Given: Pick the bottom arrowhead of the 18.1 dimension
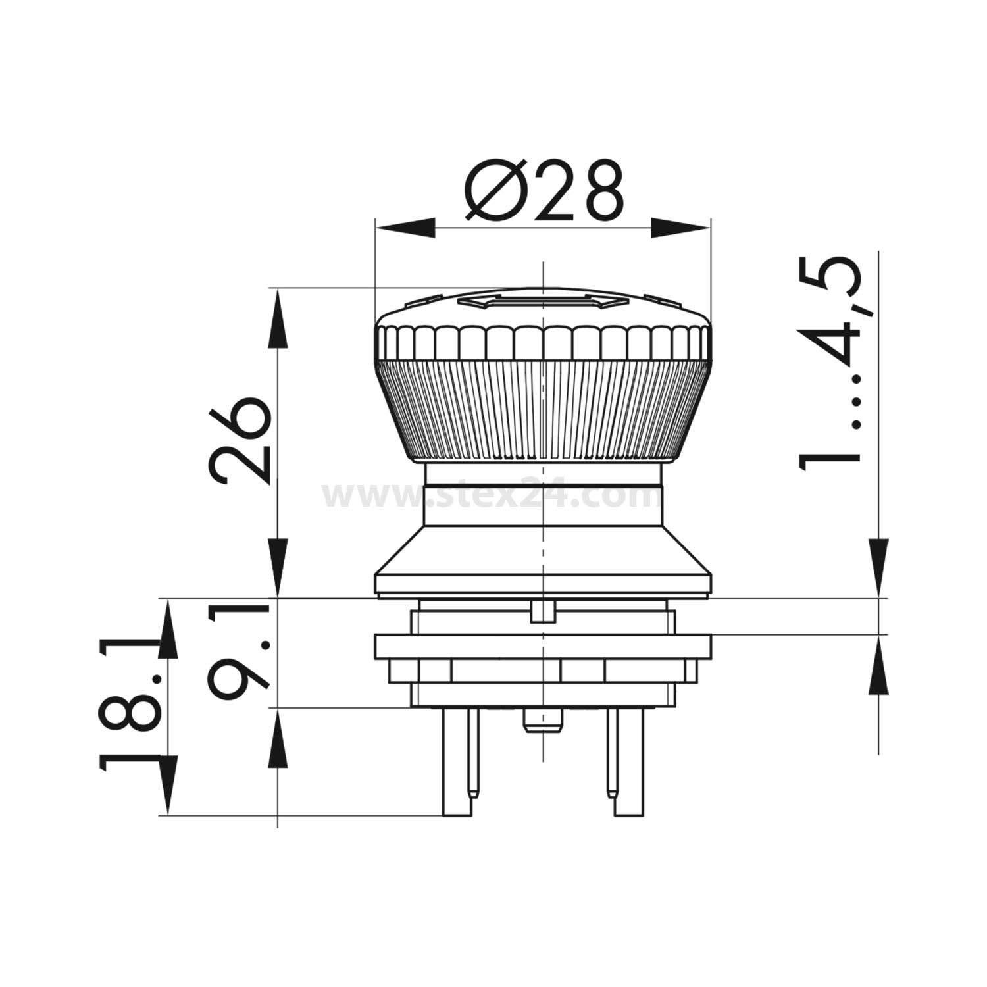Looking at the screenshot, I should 168,786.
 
